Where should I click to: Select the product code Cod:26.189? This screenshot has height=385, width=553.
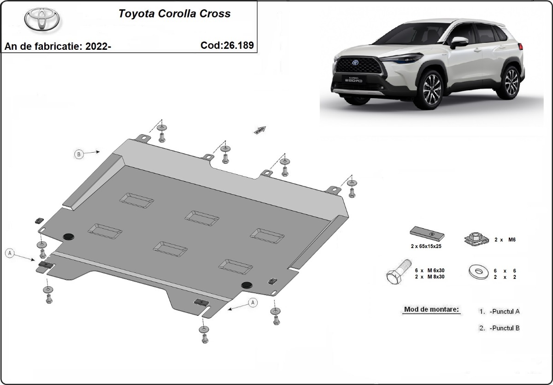coord(227,45)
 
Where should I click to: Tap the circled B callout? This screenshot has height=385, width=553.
coord(79,154)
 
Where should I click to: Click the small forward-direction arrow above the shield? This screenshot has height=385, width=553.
coord(259,130)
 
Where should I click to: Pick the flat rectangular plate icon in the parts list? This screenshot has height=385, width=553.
coord(427,235)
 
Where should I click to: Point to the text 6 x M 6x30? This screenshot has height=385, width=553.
coord(432,270)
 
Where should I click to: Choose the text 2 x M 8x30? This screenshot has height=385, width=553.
coord(432,277)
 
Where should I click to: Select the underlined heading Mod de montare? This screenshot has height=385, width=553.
coord(431,309)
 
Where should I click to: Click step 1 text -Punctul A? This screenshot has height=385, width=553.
coord(505,311)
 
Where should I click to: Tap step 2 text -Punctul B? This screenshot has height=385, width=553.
coord(505,328)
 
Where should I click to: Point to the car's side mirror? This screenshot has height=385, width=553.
coord(459,42)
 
